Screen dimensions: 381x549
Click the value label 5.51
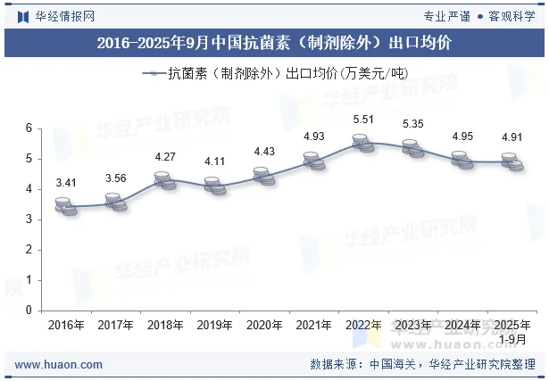pos(363,119)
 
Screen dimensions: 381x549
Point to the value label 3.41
pos(66,183)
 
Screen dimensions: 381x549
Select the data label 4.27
pos(165,158)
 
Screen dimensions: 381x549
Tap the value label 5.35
pos(412,124)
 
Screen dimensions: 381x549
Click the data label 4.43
pos(264,152)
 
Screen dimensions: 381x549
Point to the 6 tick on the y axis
pos(29,128)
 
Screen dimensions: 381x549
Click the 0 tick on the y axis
pos(29,311)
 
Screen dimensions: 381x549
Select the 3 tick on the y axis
pos(29,219)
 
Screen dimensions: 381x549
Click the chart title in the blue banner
pos(274,42)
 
